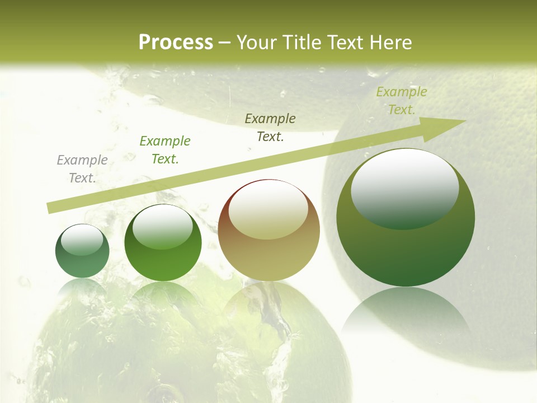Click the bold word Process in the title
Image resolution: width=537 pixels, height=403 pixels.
point(176,43)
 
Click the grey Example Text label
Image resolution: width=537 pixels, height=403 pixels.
point(82,169)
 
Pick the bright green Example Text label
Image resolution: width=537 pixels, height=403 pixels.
point(165,150)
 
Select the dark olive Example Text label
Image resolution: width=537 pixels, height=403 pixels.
point(270,128)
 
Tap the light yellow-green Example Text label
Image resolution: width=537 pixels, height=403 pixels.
point(401,101)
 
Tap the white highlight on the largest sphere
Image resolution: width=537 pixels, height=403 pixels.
point(404,188)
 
